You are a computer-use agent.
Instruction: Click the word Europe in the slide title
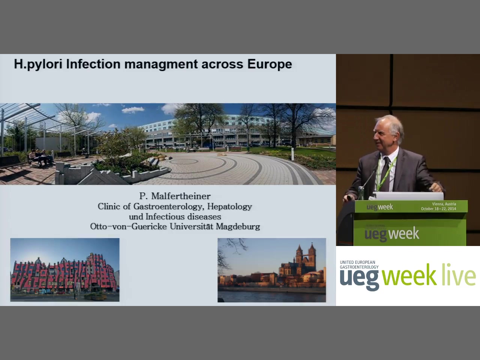(270, 64)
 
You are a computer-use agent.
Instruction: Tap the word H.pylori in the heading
(38, 64)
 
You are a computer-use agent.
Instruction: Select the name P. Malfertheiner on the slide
(175, 196)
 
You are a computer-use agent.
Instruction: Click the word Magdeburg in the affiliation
(238, 226)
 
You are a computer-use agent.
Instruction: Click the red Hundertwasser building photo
(65, 270)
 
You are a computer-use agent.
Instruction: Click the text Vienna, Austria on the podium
(444, 204)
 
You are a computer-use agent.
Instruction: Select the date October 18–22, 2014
(438, 209)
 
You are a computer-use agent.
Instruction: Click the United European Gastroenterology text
(359, 264)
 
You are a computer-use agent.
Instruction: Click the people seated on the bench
(41, 156)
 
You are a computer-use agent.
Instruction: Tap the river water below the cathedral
(271, 296)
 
